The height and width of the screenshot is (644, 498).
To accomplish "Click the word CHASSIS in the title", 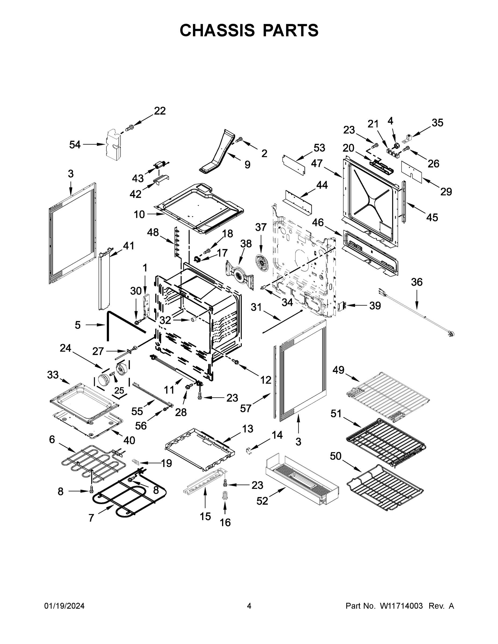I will point(217,30).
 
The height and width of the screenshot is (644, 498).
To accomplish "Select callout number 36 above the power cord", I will point(417,282).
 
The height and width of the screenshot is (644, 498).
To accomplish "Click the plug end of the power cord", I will point(450,334).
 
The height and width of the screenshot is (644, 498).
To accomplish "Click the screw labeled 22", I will point(129,128).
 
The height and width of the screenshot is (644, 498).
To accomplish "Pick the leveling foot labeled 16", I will point(225,495).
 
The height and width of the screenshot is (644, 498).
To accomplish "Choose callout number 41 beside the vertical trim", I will point(128,245).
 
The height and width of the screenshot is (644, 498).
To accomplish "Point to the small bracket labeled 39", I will point(342,306).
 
